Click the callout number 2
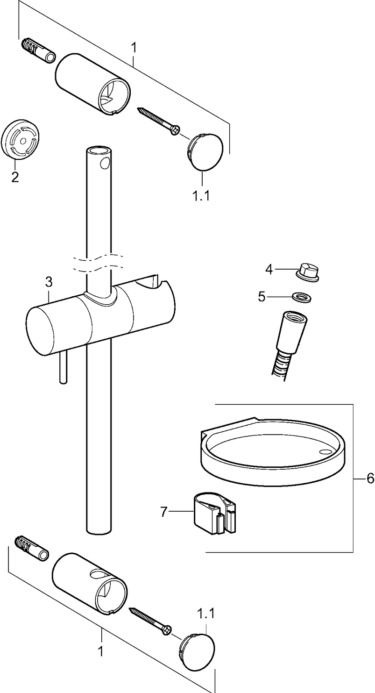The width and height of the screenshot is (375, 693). [x=15, y=177]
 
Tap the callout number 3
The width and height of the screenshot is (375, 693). [x=49, y=282]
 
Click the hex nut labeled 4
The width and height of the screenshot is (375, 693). [x=308, y=272]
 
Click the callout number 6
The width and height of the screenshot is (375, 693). [x=370, y=479]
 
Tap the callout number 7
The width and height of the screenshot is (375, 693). [x=163, y=512]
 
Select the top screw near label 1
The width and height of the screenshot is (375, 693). [x=159, y=121]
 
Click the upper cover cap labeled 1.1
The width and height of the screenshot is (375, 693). [x=206, y=152]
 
